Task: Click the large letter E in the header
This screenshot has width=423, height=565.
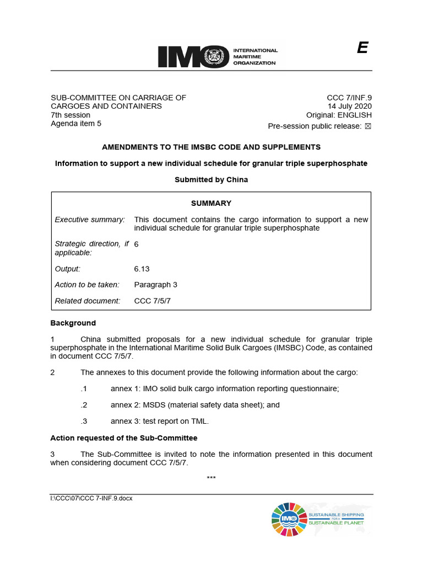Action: click(362, 49)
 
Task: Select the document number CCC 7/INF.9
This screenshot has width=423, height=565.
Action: click(349, 98)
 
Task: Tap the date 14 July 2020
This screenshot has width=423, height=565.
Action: click(350, 106)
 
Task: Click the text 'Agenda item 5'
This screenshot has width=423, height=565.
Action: click(76, 124)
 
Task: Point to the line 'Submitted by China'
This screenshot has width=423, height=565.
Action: click(211, 179)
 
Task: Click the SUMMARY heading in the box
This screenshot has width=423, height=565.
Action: click(211, 203)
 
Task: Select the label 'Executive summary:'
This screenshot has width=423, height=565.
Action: click(90, 220)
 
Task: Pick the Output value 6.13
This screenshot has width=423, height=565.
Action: click(142, 269)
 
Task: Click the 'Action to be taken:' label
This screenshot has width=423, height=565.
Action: click(87, 285)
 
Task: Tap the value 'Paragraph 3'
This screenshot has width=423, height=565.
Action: click(155, 285)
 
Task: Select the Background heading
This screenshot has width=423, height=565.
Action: click(73, 323)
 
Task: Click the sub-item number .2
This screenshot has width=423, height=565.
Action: click(84, 404)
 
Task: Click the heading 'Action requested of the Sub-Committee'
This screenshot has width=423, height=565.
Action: click(124, 438)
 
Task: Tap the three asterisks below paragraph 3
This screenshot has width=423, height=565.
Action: click(211, 477)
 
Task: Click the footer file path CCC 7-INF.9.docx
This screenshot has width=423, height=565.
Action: click(91, 498)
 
